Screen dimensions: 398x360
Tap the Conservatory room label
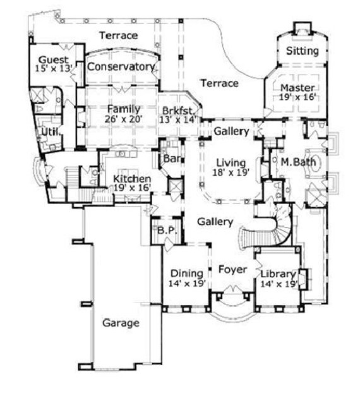121,66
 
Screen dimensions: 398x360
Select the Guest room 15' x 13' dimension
52,70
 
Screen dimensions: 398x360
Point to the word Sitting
303,51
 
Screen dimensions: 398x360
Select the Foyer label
232,269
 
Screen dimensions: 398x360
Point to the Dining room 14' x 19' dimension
187,284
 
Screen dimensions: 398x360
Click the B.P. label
166,230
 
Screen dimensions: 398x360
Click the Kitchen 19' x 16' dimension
132,188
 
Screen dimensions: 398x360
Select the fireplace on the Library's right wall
302,277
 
